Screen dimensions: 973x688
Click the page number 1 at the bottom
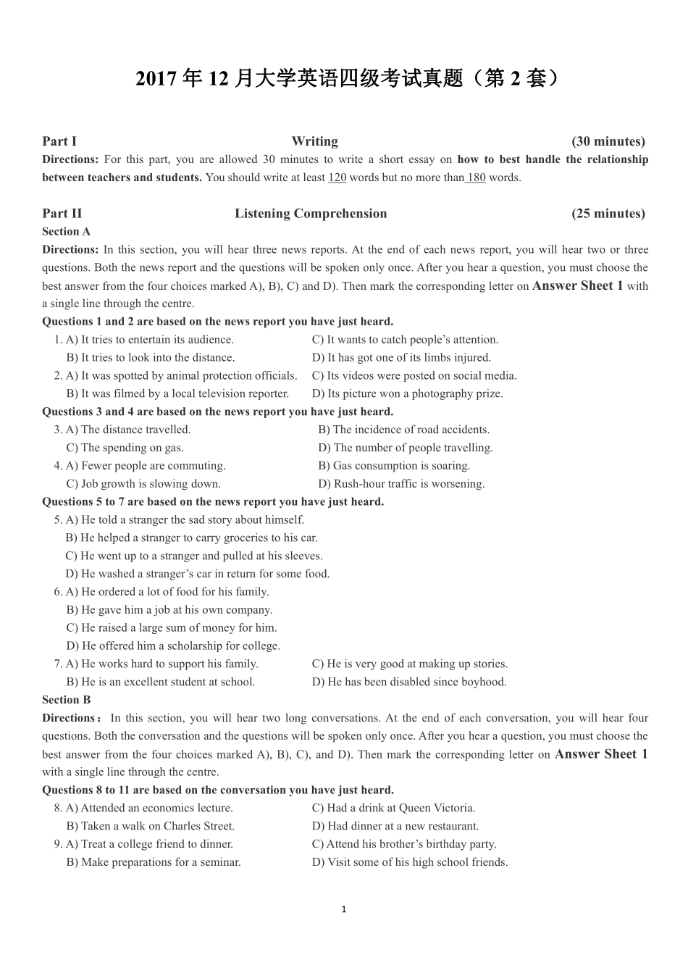point(344,909)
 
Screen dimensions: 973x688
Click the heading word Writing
point(314,141)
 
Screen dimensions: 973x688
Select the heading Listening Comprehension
point(311,213)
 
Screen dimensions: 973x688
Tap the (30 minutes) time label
point(608,141)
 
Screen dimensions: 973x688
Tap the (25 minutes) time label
point(608,213)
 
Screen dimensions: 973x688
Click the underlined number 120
point(337,178)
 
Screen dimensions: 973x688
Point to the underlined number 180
point(476,178)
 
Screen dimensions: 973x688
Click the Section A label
point(66,231)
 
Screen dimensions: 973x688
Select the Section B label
point(66,700)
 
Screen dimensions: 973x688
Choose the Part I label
point(59,141)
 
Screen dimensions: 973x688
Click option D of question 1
point(401,357)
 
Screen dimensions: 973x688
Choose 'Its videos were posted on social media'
point(414,375)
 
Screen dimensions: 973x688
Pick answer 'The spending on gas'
point(125,448)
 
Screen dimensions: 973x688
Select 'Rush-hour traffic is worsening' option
point(401,484)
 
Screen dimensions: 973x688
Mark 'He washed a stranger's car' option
point(197,574)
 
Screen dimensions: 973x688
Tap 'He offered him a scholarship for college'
point(173,646)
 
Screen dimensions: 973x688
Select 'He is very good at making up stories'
point(410,664)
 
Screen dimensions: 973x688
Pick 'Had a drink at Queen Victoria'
point(393,808)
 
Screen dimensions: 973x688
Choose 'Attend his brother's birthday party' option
point(404,844)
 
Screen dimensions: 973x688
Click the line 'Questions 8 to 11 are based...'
point(218,790)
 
